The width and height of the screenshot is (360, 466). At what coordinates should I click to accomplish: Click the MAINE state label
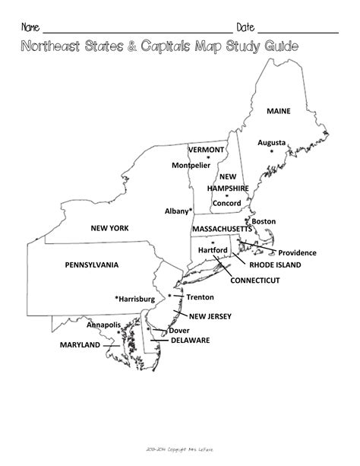[278, 111]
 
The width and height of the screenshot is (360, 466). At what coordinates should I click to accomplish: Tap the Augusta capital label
[271, 142]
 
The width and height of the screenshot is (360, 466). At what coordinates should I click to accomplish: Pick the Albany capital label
[178, 210]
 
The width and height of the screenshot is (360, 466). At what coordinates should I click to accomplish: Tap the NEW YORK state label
[109, 227]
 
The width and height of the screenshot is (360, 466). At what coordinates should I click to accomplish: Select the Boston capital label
[264, 221]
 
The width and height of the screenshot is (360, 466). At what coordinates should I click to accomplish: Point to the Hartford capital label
[213, 250]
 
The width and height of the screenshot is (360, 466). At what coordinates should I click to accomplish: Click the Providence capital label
[297, 253]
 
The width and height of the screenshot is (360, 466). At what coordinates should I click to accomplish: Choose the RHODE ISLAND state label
[275, 265]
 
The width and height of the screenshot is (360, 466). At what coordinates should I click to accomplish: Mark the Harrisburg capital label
[134, 300]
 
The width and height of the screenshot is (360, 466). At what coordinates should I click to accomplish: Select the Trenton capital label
[200, 297]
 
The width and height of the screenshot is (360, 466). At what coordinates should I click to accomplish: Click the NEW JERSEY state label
[210, 316]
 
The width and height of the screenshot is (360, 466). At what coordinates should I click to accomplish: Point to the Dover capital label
[179, 331]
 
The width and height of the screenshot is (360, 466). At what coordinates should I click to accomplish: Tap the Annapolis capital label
[104, 325]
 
